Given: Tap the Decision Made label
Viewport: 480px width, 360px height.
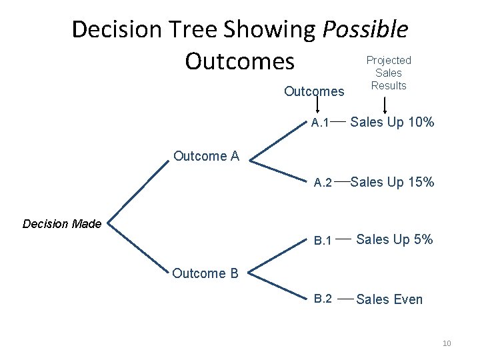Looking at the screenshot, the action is pos(62,224).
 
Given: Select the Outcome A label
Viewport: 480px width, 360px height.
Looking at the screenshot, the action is pos(206,156).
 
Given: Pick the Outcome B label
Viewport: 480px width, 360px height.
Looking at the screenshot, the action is pos(206,273).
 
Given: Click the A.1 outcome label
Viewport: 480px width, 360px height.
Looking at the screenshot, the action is pos(320,123).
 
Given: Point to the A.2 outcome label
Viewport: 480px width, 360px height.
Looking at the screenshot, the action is pos(323,182).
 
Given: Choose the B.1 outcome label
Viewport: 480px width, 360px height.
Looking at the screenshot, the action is pos(323,240).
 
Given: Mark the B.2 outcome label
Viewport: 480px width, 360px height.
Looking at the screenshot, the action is pos(323,299).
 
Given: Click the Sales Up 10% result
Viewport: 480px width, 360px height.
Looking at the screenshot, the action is pos(393,122).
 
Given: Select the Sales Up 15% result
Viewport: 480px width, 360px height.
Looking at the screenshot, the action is pos(393,181).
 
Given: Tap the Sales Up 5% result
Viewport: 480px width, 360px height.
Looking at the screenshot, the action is pos(395,239).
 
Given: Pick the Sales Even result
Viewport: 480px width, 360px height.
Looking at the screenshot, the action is pos(389,299).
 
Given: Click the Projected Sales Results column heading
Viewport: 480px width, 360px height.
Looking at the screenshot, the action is pos(389,73).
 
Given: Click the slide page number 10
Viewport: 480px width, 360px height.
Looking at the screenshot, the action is pos(447,343).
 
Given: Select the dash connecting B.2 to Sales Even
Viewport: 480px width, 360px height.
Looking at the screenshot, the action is pos(345,299).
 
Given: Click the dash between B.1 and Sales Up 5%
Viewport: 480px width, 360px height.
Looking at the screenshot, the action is pos(343,238).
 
